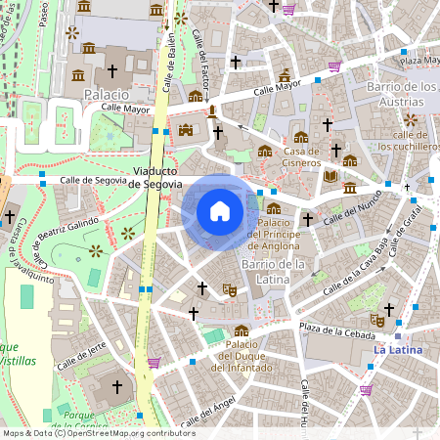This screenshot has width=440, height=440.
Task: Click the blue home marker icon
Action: pyautogui.click(x=220, y=211)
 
